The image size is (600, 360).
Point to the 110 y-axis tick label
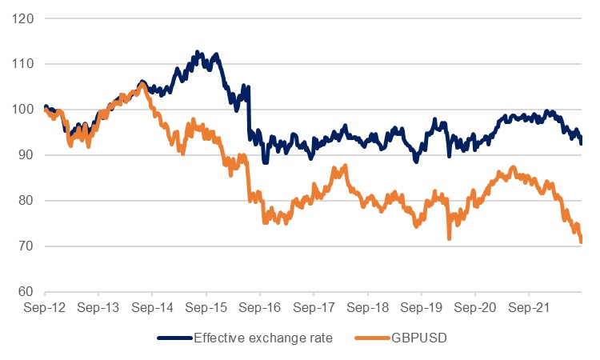pyautogui.click(x=24, y=64)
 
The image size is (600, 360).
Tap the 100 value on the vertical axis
pyautogui.click(x=24, y=110)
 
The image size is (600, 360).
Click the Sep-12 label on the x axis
pyautogui.click(x=45, y=306)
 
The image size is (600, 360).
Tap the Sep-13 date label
pyautogui.click(x=98, y=306)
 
